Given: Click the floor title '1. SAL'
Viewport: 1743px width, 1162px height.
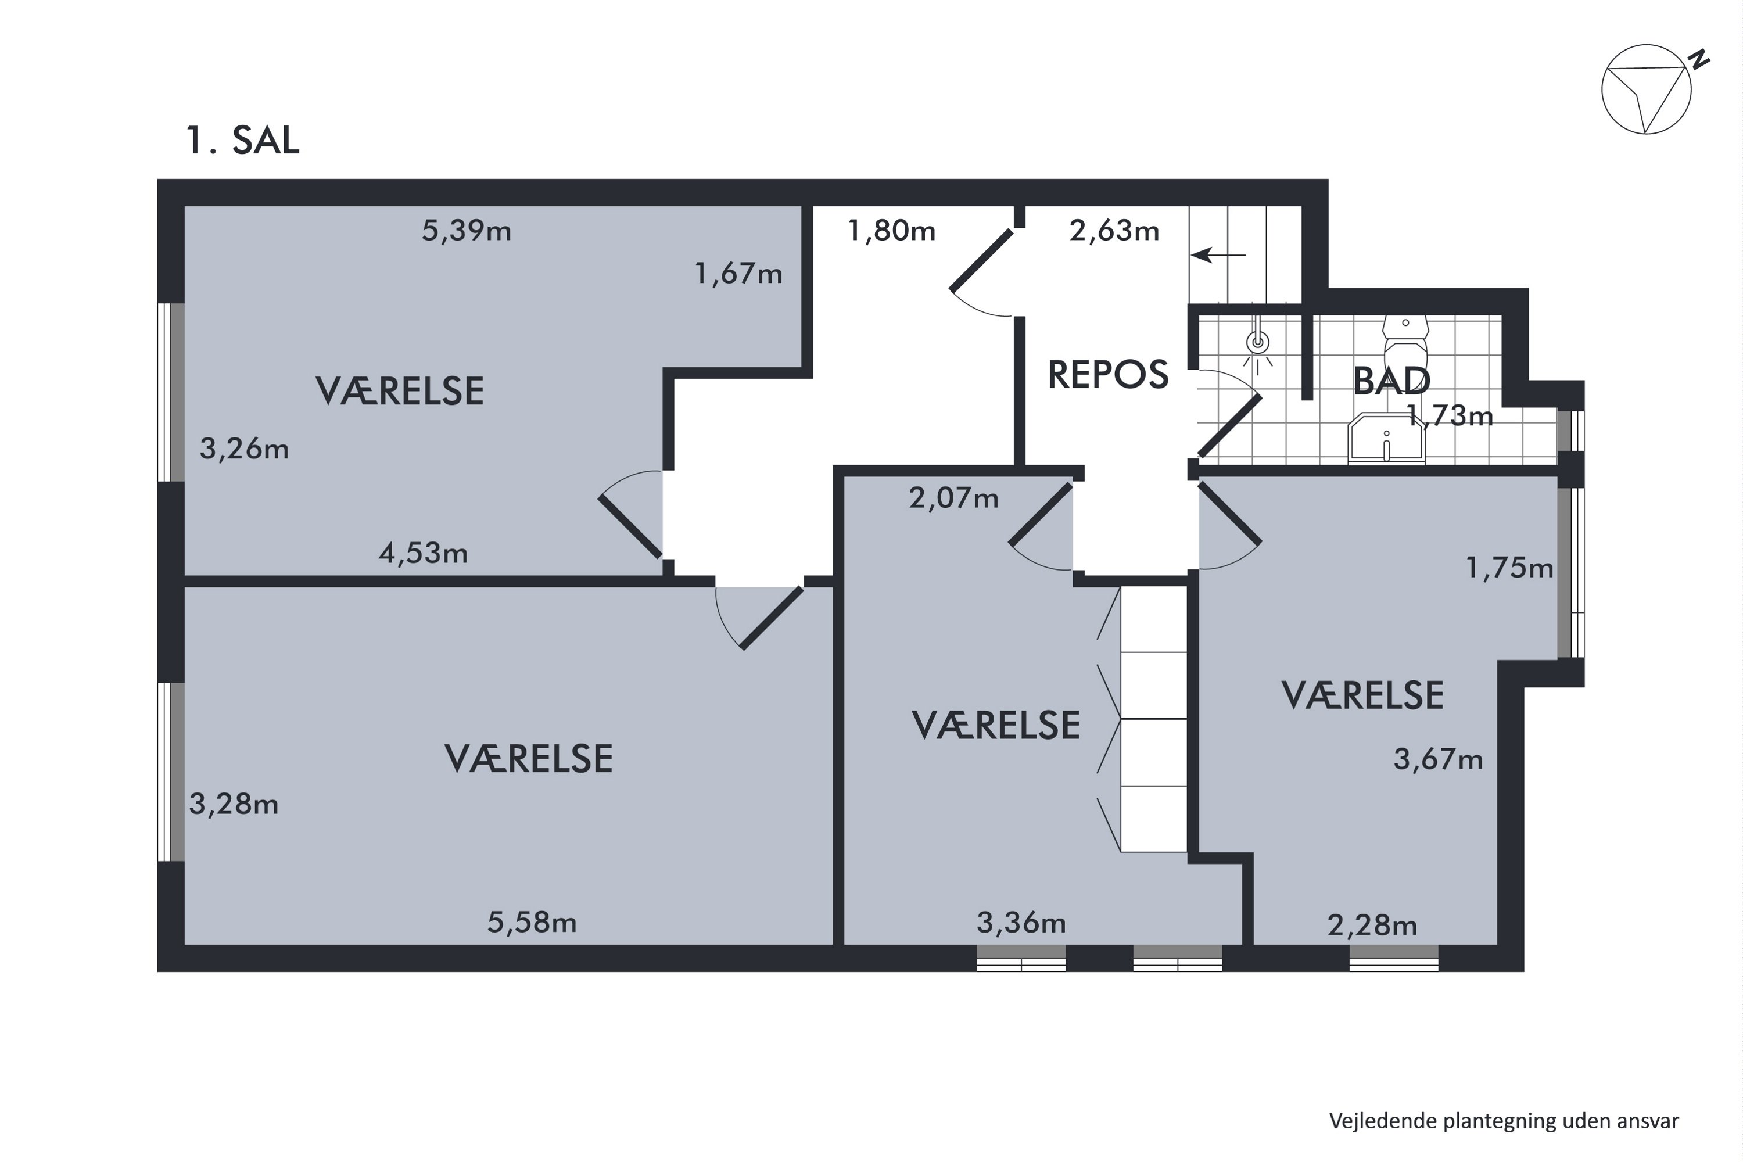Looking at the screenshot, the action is (242, 140).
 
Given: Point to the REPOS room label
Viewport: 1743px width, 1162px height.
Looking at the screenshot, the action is (1108, 374).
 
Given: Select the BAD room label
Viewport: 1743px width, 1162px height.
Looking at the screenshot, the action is (1391, 381).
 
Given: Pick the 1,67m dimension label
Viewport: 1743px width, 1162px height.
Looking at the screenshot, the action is (738, 274).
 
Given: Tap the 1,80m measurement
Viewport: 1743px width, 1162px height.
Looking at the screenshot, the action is (891, 231).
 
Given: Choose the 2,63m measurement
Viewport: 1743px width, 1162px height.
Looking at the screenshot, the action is (1114, 231).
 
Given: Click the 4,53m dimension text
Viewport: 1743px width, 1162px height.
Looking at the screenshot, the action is (423, 553).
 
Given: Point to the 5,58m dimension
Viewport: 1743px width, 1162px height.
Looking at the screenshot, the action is (532, 922).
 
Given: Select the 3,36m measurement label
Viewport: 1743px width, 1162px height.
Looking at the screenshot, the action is (1021, 923).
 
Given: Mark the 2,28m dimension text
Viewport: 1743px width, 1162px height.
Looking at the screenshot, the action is (1372, 926).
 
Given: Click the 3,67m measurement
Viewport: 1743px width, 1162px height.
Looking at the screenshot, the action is (1437, 759).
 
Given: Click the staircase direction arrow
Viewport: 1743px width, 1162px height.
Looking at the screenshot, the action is (1218, 255).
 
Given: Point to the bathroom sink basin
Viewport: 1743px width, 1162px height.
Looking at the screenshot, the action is (1386, 439).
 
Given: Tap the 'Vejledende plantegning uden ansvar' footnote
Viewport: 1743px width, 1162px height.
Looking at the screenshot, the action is (1504, 1121).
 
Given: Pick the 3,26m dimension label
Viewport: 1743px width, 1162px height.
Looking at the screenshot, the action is (244, 449).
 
